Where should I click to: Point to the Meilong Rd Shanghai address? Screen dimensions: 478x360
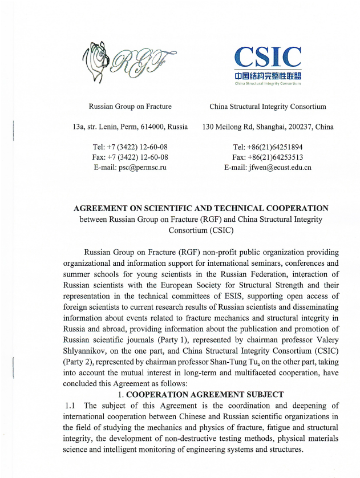coord(268,127)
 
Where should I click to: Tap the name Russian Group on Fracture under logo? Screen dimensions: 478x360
coord(130,106)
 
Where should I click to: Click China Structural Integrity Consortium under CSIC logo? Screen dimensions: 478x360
coord(268,106)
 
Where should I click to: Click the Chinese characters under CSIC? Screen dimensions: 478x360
coord(268,75)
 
